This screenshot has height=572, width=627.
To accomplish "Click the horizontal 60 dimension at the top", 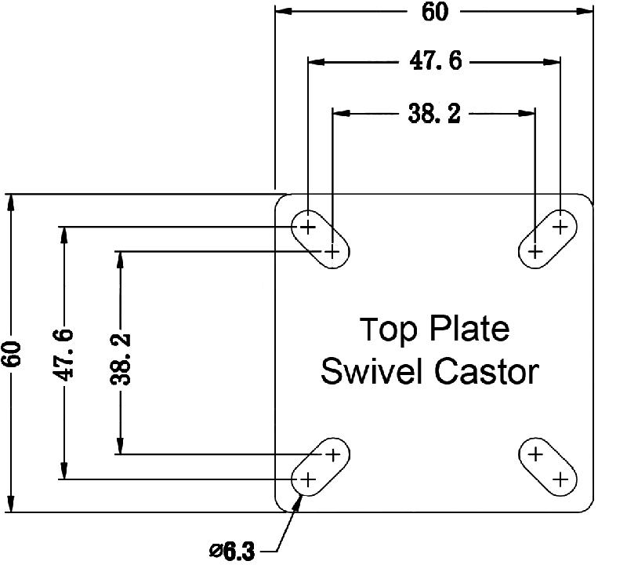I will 434,13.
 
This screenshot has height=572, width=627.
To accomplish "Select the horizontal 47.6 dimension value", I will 436,61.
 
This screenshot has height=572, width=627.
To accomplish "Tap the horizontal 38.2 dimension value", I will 433,114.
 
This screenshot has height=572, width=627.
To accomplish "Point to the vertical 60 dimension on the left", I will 12,354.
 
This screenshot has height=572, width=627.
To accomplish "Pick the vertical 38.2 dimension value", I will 121,354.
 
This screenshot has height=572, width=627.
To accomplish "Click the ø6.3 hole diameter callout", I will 233,552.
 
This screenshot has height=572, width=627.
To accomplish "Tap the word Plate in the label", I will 469,330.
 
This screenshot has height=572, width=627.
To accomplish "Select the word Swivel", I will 373,371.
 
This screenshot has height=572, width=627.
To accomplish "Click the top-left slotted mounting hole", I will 320,239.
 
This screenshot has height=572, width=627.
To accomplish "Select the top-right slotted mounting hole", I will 548,239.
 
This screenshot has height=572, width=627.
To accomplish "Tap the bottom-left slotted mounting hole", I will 320,466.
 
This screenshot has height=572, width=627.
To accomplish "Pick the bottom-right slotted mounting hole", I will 548,466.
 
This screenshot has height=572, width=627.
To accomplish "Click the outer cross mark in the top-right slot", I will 560,227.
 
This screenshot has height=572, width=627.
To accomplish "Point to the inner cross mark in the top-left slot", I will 333,252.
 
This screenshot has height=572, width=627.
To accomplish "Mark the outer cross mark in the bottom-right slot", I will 560,479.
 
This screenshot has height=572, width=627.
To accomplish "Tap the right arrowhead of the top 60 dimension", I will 585,13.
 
